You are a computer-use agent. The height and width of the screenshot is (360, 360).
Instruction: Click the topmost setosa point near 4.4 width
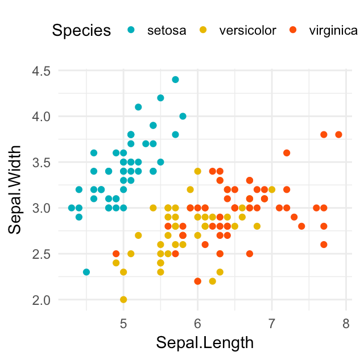click(x=175, y=80)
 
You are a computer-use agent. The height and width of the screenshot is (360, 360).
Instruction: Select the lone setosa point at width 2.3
click(x=86, y=272)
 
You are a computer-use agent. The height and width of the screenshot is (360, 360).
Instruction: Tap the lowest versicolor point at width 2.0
click(x=123, y=299)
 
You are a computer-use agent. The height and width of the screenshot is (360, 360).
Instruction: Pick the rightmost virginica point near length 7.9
click(x=338, y=135)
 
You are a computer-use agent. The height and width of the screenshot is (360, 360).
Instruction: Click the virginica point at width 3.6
click(x=287, y=153)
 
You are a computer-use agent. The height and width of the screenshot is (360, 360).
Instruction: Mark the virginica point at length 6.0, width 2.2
click(x=197, y=281)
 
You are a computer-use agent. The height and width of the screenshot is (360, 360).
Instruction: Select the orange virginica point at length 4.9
click(x=116, y=254)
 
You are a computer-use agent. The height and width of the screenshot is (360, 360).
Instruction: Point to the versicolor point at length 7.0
click(x=272, y=189)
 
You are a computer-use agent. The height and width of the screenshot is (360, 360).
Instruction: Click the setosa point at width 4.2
click(x=160, y=98)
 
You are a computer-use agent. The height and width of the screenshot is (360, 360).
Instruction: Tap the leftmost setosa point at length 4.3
click(x=72, y=208)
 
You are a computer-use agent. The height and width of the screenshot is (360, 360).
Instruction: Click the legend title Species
click(x=81, y=30)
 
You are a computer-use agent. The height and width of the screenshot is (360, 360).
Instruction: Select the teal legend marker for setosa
click(x=131, y=30)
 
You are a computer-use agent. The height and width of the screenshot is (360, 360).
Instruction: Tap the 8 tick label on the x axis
click(x=346, y=324)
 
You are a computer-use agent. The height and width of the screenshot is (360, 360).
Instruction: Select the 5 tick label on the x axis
click(x=123, y=324)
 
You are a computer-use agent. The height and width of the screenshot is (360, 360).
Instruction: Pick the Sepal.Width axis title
click(x=15, y=189)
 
